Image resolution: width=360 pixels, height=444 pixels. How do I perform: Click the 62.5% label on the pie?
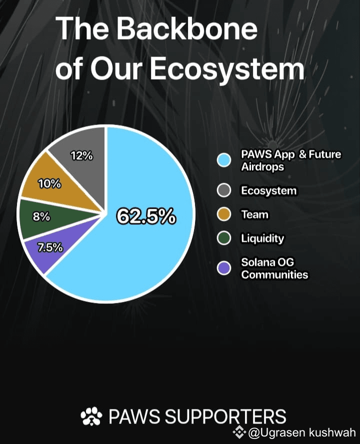click(146, 216)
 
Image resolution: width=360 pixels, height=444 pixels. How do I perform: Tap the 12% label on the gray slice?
click(81, 156)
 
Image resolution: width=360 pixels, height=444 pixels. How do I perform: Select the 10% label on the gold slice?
click(49, 184)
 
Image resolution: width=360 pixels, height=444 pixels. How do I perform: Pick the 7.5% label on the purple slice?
click(50, 248)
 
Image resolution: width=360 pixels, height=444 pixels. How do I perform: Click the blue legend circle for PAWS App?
click(224, 160)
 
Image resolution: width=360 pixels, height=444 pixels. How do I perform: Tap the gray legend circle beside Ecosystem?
click(224, 191)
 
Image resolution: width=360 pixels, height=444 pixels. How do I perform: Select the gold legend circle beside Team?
click(224, 215)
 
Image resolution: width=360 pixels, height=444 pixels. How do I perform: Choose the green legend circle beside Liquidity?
click(224, 238)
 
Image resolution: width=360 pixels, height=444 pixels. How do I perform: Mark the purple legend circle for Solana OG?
click(224, 268)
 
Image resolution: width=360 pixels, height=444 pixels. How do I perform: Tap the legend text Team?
click(254, 215)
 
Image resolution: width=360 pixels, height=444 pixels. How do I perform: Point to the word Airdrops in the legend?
click(262, 167)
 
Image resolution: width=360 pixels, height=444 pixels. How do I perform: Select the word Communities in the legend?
click(274, 274)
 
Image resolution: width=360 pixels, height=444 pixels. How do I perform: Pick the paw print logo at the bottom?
click(91, 416)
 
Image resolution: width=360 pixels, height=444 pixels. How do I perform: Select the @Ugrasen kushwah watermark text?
click(302, 432)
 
